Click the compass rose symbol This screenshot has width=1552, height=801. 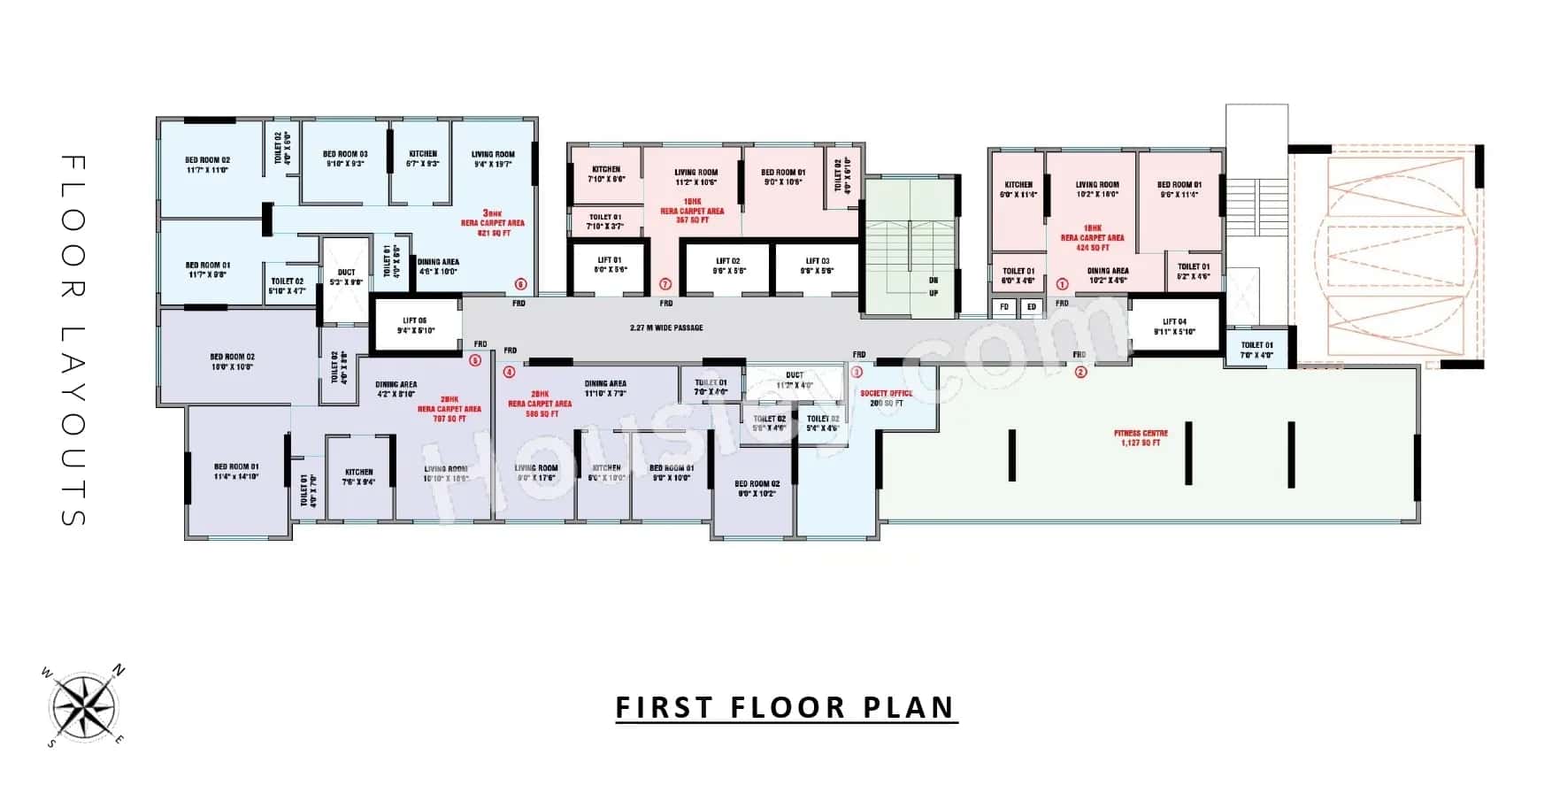84,707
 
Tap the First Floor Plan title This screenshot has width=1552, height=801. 786,708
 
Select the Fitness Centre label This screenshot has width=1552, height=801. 1140,438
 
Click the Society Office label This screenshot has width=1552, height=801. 886,397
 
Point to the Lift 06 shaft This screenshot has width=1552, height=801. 415,326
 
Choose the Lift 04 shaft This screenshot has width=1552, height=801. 1174,327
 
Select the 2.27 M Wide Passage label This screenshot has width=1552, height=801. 666,327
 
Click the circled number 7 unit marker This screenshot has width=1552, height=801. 665,284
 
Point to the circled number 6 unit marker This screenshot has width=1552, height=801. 520,284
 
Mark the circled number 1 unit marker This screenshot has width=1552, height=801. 1062,284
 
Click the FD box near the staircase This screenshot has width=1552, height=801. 1003,307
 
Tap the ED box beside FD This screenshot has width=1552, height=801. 1031,307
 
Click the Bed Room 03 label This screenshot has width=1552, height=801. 345,158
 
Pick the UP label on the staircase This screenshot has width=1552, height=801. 934,293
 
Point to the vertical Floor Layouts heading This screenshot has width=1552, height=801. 73,341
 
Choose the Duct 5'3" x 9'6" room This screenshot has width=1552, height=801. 346,278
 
